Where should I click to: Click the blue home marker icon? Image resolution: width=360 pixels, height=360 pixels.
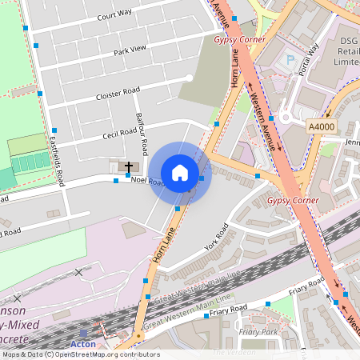click(x=180, y=173)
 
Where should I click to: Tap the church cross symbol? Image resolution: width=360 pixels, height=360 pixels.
click(x=128, y=166)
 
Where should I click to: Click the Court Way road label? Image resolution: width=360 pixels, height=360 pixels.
click(x=114, y=16)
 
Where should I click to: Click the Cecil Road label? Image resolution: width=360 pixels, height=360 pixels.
click(x=121, y=132)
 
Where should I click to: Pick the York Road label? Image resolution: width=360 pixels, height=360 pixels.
click(x=216, y=237)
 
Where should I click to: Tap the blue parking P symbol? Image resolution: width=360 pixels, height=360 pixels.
click(x=290, y=59)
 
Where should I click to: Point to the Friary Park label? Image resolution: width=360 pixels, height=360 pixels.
click(x=258, y=331)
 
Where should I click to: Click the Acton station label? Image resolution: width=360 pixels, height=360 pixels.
click(x=83, y=344)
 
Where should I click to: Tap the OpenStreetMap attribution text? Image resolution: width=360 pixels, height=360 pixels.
click(x=80, y=354)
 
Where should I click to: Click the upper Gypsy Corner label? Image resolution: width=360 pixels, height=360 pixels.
click(x=239, y=38)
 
